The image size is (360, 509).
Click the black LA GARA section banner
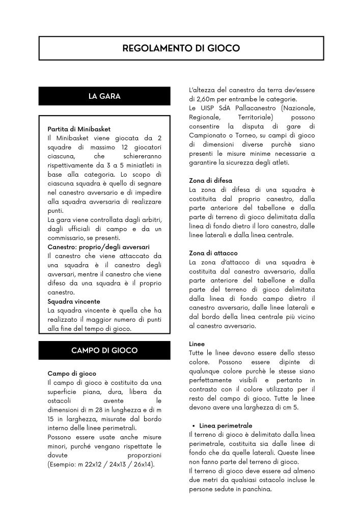[104, 96]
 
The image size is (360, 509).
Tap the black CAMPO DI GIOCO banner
[104, 351]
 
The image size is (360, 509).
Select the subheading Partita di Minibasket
[78, 129]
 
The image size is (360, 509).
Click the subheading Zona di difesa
[209, 180]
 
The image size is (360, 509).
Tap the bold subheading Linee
[197, 344]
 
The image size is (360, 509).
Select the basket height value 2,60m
[208, 99]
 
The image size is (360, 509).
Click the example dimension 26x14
[145, 464]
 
